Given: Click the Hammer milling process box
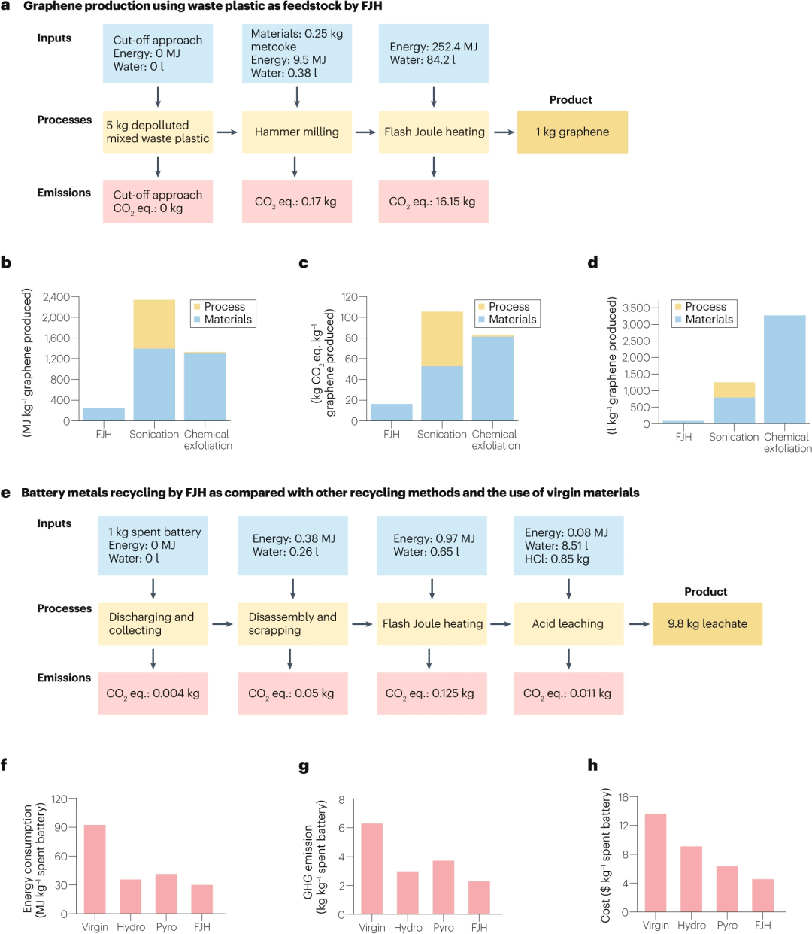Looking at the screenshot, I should tap(296, 132).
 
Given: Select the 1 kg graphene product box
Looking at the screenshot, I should tap(571, 132).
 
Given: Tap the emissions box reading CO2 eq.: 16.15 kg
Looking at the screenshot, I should tap(433, 202).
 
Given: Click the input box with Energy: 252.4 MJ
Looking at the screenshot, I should tap(433, 53).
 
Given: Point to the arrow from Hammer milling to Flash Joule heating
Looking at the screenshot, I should tap(365, 132).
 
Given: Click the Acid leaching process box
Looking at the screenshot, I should tap(568, 623).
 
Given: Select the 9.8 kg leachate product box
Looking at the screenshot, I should tap(707, 623).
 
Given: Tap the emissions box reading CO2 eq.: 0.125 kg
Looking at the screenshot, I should tap(430, 693).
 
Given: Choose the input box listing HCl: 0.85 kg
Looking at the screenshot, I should tap(568, 545).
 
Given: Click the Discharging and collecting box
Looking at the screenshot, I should tap(153, 623).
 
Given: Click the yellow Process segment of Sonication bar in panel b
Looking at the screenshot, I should tap(154, 324).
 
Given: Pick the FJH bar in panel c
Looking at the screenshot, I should tap(392, 412).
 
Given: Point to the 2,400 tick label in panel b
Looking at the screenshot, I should tap(56, 297).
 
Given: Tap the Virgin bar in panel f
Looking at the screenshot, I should tap(95, 869).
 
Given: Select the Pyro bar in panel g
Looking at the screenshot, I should tap(444, 887).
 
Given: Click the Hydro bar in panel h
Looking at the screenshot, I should tap(691, 879).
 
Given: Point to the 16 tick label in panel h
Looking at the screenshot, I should tap(623, 797).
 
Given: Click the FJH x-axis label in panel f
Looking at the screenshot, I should tap(201, 927).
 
